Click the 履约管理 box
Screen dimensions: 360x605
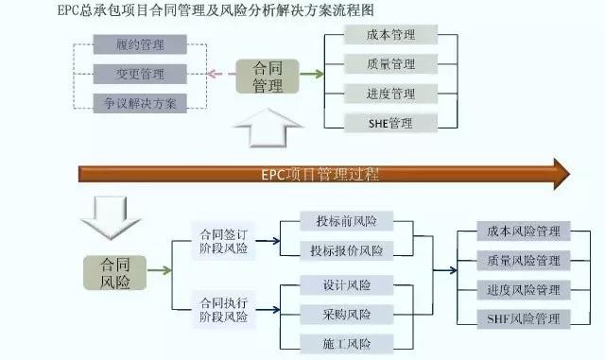(x=140, y=43)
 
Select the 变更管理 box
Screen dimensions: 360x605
(x=140, y=74)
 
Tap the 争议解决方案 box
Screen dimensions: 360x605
(x=140, y=102)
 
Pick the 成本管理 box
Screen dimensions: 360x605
(x=390, y=35)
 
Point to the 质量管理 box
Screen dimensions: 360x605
(x=390, y=64)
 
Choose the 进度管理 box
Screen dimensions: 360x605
(x=390, y=94)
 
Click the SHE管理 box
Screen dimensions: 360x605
(x=390, y=123)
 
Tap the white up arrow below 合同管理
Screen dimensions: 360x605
(x=268, y=128)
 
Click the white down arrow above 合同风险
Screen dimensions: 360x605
(x=111, y=217)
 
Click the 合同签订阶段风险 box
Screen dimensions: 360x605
(x=223, y=241)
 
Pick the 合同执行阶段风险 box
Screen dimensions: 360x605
(x=223, y=310)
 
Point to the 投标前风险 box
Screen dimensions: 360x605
(x=347, y=222)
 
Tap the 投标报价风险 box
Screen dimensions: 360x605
(x=347, y=250)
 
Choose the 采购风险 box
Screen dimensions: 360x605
(x=347, y=314)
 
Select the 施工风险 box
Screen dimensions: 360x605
(x=347, y=343)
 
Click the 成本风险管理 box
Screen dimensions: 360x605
(x=524, y=231)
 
